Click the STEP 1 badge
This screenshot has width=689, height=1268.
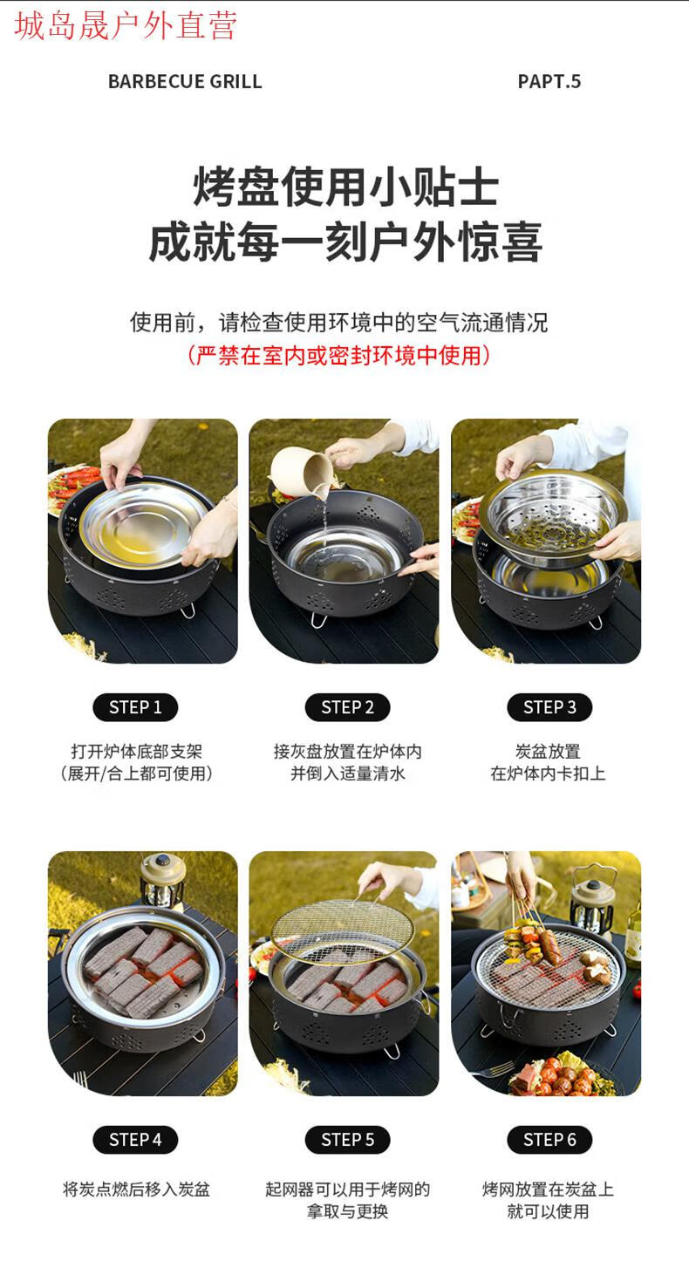135,707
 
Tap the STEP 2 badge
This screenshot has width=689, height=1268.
348,707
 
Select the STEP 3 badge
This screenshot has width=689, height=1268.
549,707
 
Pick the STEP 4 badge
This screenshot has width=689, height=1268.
135,1140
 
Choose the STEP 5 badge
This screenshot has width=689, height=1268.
348,1140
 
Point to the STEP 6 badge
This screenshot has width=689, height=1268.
549,1140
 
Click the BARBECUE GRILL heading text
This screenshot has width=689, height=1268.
185,81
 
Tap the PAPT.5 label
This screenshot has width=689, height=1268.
549,81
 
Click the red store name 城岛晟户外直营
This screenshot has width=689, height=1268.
125,26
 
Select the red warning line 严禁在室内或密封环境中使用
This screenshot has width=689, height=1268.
339,356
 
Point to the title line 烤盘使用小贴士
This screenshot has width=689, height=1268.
346,187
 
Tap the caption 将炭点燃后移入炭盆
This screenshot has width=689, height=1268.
136,1190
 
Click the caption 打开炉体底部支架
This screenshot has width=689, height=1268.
136,752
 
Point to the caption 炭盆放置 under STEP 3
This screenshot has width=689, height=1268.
548,752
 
